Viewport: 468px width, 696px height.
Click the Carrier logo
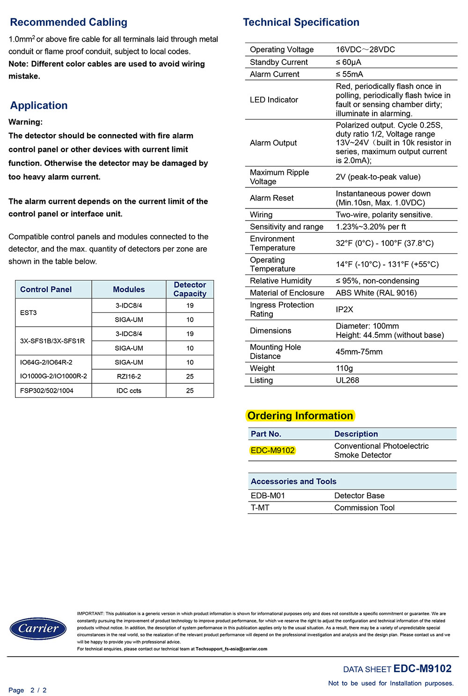tap(38, 628)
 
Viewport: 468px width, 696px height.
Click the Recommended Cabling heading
tap(68, 22)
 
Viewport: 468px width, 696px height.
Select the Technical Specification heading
tap(301, 22)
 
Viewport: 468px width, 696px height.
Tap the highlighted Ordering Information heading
tap(300, 416)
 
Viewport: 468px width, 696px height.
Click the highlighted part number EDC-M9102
tap(272, 451)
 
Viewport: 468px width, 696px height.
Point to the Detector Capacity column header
tap(190, 289)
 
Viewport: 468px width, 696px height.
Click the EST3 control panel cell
tap(29, 313)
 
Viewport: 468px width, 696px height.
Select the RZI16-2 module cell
tap(129, 376)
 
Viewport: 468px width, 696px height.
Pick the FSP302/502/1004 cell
tap(47, 391)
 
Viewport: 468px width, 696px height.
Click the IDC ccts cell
tap(129, 391)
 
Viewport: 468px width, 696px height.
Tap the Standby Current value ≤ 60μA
tap(348, 62)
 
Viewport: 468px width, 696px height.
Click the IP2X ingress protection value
tap(344, 309)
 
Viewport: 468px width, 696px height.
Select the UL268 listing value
tap(347, 380)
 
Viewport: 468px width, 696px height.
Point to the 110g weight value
tap(344, 368)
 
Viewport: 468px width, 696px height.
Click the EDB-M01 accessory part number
tap(268, 495)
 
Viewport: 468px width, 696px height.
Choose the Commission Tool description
tap(364, 508)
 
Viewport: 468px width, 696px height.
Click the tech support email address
tap(231, 649)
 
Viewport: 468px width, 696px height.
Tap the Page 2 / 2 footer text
tap(28, 690)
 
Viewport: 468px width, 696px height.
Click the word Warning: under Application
tap(26, 122)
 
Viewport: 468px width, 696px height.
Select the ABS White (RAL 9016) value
tap(376, 293)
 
